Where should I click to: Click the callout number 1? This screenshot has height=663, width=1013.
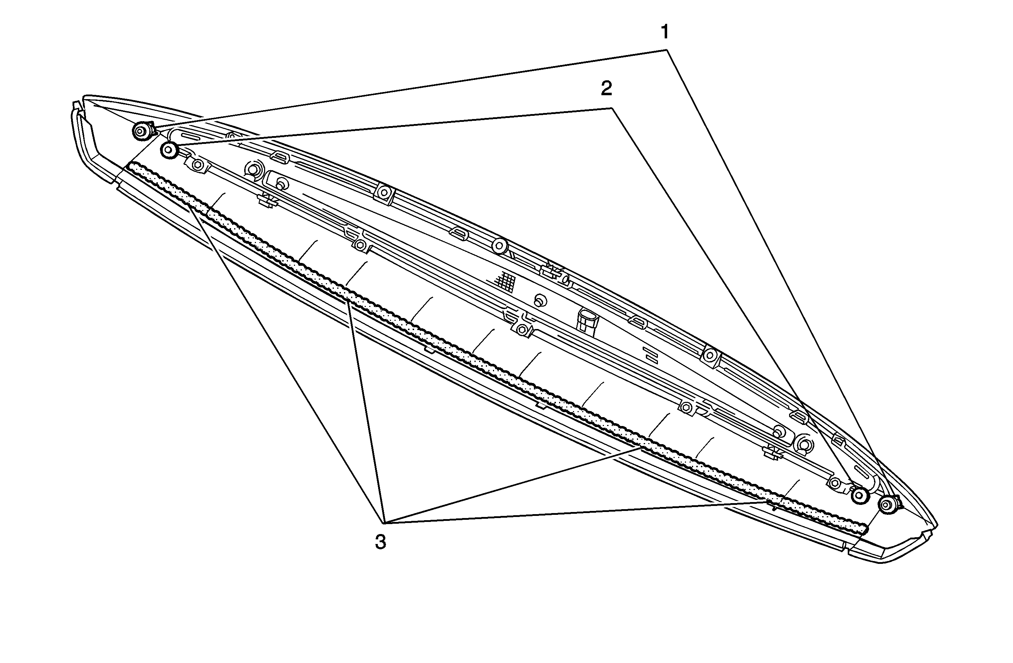(664, 32)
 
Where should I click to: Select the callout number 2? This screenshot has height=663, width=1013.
(606, 88)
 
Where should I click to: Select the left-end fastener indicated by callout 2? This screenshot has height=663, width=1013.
(170, 150)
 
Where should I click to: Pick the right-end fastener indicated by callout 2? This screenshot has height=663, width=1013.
(860, 495)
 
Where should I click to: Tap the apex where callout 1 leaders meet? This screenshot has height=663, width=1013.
(666, 50)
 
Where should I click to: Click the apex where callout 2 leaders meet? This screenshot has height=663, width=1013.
(612, 109)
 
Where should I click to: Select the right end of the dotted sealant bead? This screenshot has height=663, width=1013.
(864, 530)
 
